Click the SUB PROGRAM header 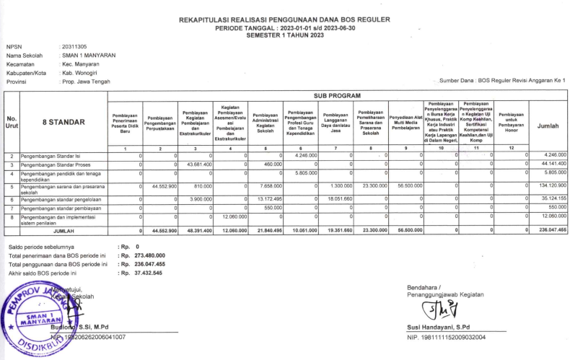337,95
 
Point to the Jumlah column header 548,126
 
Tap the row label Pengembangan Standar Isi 51,155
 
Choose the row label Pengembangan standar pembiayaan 61,208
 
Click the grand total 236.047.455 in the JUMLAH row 551,230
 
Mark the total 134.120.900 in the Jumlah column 551,186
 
